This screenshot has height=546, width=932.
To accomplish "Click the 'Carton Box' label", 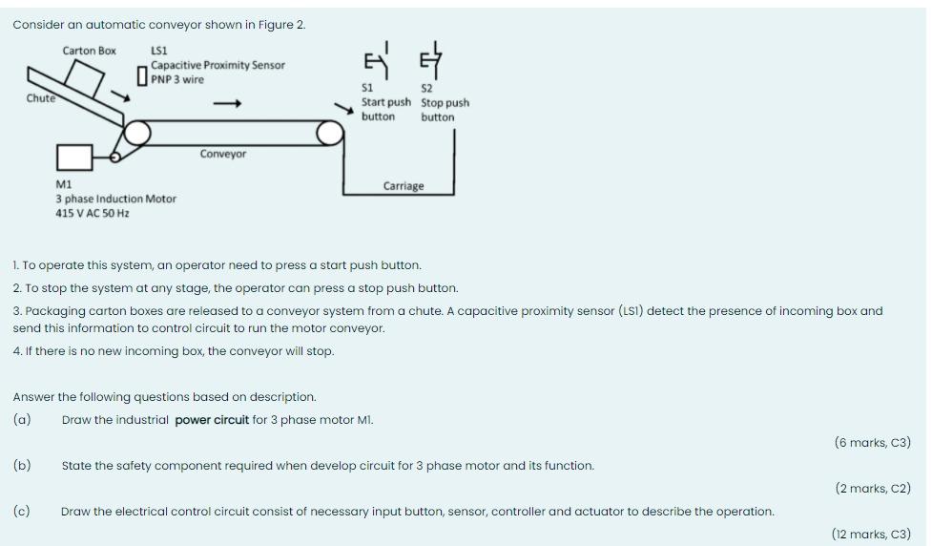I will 89,51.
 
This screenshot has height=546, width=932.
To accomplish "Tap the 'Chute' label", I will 41,98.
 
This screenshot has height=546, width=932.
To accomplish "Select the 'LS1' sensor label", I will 159,51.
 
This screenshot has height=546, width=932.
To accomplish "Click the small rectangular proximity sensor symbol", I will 142,74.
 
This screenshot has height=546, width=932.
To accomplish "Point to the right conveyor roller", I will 330,134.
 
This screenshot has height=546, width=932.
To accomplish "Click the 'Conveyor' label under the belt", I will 223,154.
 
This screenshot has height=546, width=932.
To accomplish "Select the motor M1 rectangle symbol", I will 74,157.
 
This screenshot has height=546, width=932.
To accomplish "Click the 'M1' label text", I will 64,184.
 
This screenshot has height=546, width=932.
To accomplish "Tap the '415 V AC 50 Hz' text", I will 93,213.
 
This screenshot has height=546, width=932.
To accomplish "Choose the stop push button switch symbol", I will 430,61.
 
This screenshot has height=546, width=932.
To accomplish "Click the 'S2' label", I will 426,89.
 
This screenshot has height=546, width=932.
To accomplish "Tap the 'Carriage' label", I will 404,186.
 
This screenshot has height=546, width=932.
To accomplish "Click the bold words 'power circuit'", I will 212,420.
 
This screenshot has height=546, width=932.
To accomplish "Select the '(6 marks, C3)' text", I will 872,442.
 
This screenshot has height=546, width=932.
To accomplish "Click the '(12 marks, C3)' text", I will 871,535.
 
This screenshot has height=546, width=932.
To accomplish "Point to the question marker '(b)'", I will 22,466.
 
